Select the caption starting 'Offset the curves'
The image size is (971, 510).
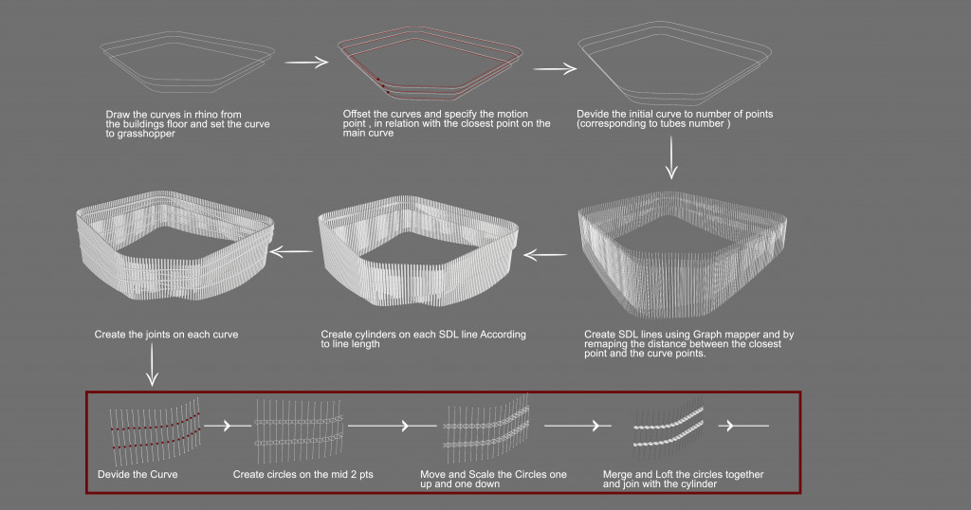point(446,123)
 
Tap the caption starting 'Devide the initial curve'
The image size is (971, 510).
point(674,119)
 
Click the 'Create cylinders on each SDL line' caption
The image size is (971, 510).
point(423,339)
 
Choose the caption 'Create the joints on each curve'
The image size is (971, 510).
point(166,335)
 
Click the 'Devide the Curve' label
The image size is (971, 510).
point(137,474)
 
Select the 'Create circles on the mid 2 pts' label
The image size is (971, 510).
point(302,474)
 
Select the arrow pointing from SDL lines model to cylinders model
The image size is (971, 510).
point(545,253)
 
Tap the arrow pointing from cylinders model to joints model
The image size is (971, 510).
point(292,251)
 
